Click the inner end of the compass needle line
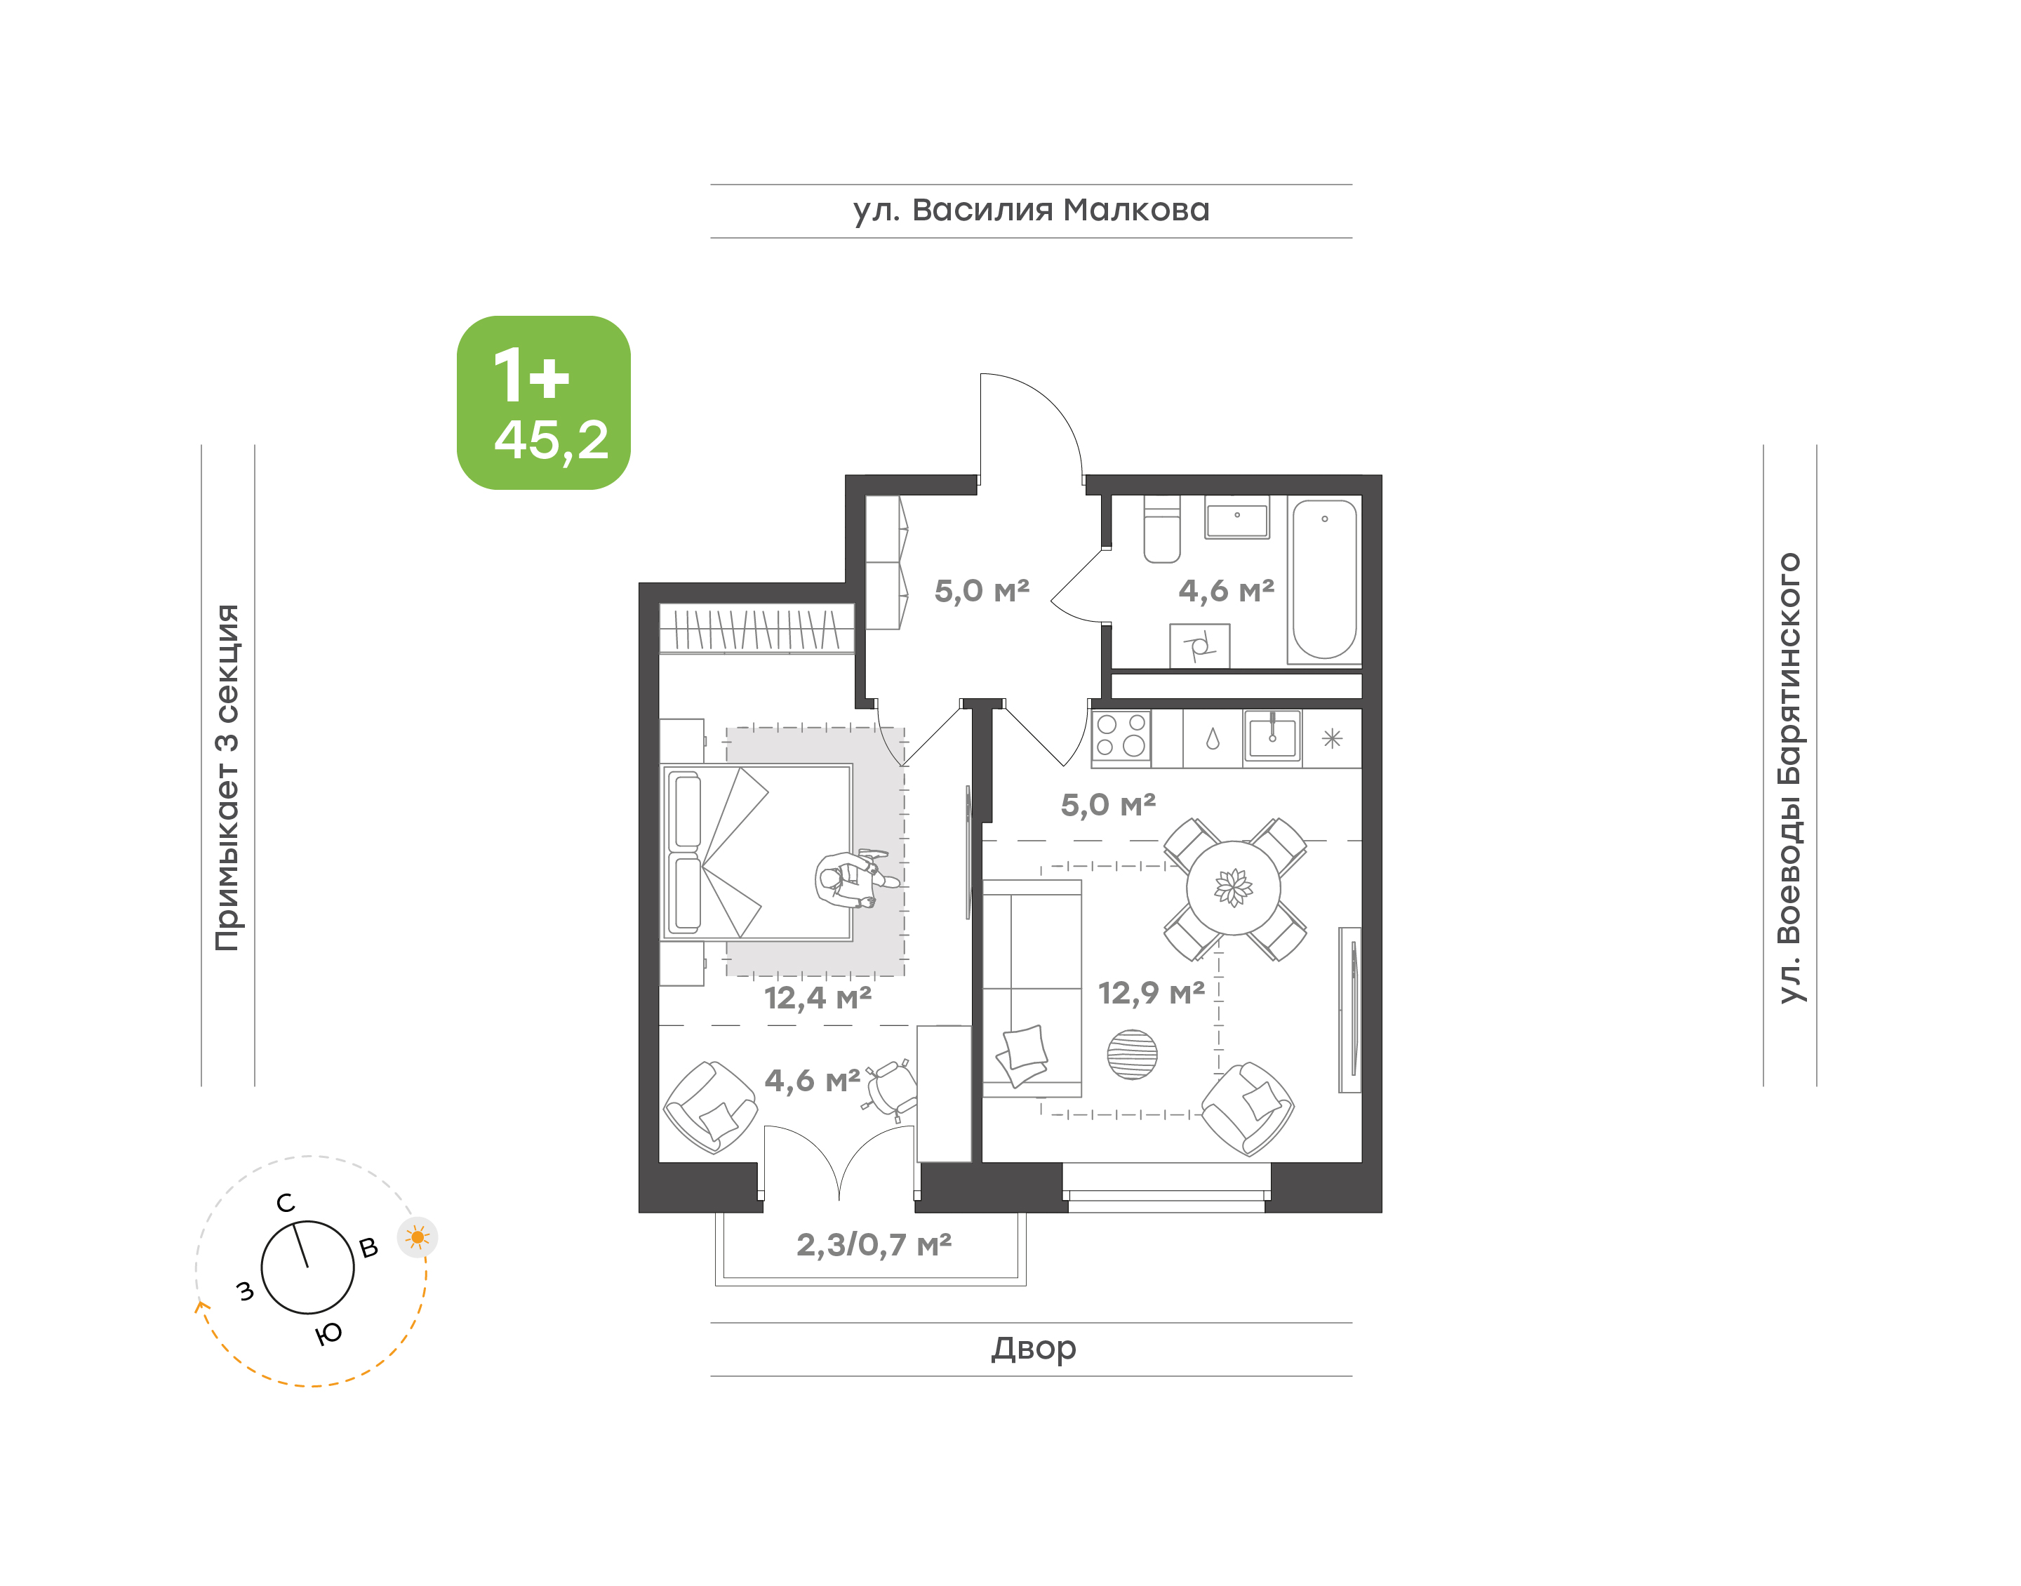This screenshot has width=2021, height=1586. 307,1267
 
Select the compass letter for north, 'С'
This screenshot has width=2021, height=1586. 286,1204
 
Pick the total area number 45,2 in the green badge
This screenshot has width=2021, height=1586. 552,440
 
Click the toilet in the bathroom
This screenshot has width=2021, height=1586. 1161,529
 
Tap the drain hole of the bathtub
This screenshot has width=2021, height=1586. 1325,519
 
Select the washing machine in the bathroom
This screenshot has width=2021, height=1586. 1199,646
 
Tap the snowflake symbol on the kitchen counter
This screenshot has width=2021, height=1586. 1332,738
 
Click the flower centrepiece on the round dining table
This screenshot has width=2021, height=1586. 1234,888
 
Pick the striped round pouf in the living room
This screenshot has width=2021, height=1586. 1133,1055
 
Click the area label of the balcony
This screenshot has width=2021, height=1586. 874,1244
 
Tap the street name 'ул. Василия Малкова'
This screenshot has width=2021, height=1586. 1032,211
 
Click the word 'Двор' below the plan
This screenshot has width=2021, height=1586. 1033,1347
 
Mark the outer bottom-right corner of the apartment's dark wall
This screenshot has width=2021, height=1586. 1382,1212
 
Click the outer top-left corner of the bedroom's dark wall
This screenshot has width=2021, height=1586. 639,583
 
